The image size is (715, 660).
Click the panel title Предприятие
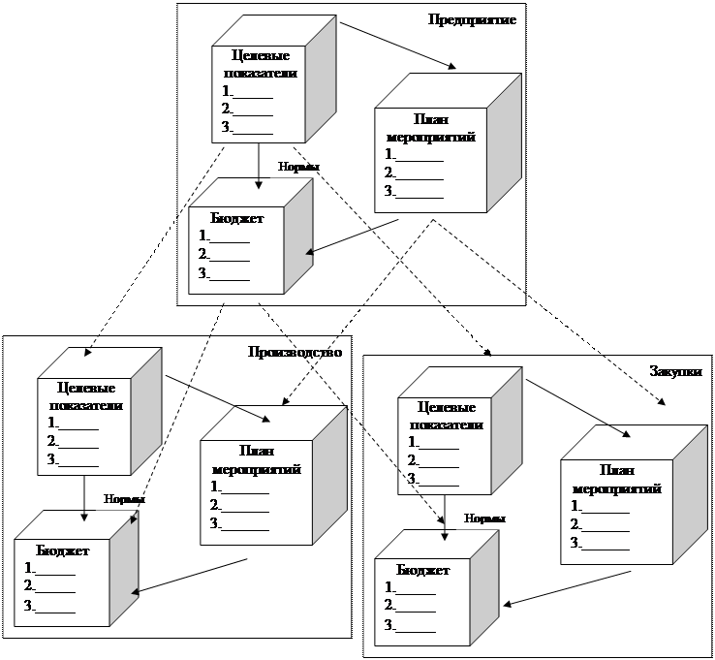(472, 19)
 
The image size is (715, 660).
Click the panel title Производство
(295, 352)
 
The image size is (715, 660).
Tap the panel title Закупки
(675, 370)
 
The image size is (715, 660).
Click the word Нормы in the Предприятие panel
(298, 167)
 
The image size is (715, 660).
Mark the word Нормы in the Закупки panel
(484, 518)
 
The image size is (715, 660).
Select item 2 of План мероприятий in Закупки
(599, 524)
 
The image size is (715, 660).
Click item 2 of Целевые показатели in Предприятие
(246, 110)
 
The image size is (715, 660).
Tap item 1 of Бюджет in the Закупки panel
(409, 587)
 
